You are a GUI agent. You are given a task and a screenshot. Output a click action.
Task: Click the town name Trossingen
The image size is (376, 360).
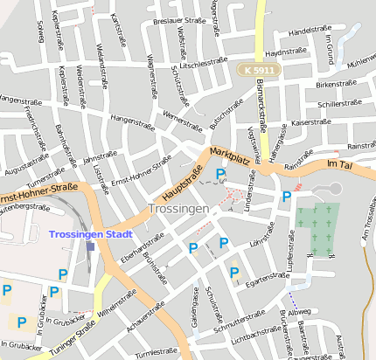[178, 210]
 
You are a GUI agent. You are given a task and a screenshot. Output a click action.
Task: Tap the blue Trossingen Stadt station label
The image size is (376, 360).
[90, 234]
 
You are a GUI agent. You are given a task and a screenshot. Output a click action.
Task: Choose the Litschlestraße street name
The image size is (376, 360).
[203, 65]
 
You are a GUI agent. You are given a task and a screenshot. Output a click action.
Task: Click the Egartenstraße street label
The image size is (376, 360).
[267, 281]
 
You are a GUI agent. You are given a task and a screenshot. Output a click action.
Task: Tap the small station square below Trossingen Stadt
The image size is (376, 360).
[91, 247]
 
